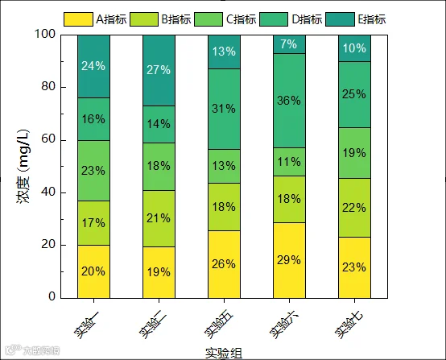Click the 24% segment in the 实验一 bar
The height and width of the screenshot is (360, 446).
click(93, 67)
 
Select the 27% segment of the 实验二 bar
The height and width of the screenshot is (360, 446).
click(159, 71)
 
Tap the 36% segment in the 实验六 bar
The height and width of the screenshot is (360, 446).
click(289, 101)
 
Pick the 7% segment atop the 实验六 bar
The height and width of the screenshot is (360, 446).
click(289, 44)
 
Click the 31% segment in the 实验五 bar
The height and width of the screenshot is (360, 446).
click(224, 109)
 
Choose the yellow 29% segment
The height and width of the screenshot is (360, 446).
click(289, 260)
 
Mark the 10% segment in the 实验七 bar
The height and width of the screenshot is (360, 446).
click(354, 48)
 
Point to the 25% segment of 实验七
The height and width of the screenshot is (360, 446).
click(354, 94)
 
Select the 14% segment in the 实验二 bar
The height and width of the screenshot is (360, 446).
click(159, 124)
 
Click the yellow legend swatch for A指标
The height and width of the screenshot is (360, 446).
click(78, 19)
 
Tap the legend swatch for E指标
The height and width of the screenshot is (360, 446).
click(340, 19)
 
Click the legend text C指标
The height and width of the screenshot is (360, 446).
click(242, 19)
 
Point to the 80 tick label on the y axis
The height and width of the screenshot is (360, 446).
click(48, 86)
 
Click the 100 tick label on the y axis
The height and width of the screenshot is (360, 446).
click(45, 34)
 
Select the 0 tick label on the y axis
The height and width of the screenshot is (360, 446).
click(52, 296)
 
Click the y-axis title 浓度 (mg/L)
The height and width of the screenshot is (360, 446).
click(23, 167)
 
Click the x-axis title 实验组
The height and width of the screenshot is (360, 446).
click(224, 354)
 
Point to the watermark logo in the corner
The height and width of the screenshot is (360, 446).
click(32, 350)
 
